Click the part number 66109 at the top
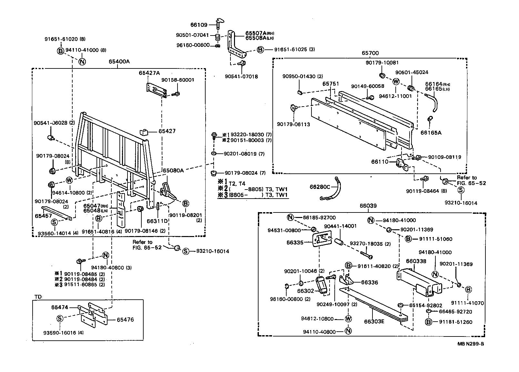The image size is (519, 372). pyautogui.click(x=199, y=25)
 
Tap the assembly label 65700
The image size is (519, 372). pyautogui.click(x=370, y=53)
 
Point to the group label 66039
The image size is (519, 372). pyautogui.click(x=368, y=206)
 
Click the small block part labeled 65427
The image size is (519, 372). pyautogui.click(x=144, y=132)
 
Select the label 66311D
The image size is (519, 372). pyautogui.click(x=157, y=221)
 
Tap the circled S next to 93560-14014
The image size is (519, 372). pyautogui.click(x=54, y=222)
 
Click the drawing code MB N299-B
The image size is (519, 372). pyautogui.click(x=470, y=344)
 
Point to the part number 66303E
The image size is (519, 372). pyautogui.click(x=374, y=321)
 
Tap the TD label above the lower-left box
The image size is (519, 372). pyautogui.click(x=38, y=296)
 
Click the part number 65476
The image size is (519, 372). pyautogui.click(x=125, y=320)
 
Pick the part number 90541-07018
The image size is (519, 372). pyautogui.click(x=241, y=77)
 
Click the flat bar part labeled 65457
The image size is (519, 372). pyautogui.click(x=56, y=212)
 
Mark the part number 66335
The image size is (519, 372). pyautogui.click(x=295, y=242)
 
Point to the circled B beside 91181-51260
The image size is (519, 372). pyautogui.click(x=428, y=322)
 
